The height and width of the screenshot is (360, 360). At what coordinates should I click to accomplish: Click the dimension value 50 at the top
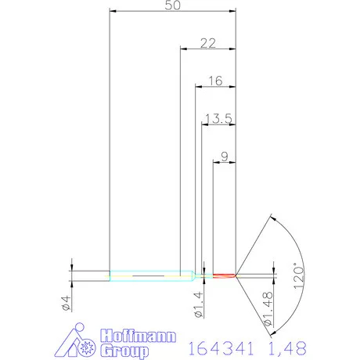coord(173,5)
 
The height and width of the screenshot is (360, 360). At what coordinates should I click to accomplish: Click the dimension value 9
coord(225,157)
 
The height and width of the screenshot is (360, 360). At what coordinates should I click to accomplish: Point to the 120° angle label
coord(295,275)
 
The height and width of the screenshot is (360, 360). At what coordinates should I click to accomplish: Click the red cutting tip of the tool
coord(225,275)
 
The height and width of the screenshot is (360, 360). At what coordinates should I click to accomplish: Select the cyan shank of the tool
coord(149,275)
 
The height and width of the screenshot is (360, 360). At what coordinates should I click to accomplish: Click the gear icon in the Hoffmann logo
coord(88,344)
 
